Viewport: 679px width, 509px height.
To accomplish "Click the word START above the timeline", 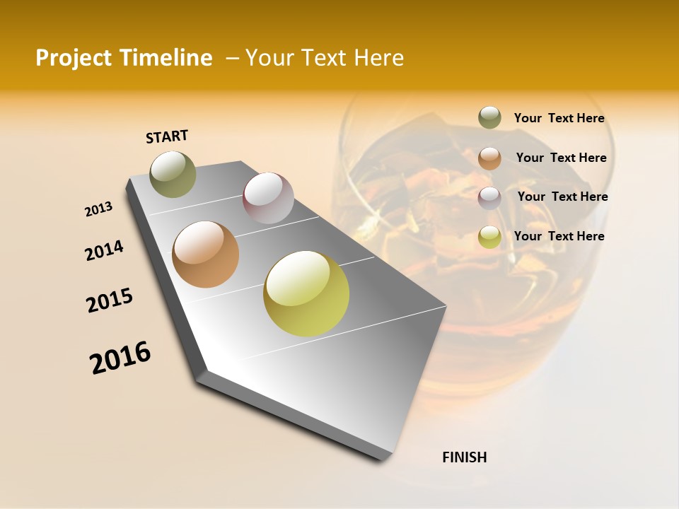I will point(167,136).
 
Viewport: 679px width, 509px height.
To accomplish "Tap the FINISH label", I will point(464,457).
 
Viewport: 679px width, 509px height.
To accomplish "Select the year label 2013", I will point(98,209).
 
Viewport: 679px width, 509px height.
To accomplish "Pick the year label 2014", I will point(104,251).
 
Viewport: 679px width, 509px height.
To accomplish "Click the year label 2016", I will point(120,358).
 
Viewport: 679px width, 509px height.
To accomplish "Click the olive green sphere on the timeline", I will point(173,175).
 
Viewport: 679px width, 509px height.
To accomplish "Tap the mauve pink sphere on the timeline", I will point(268,198).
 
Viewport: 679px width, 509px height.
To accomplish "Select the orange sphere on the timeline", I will point(206,255).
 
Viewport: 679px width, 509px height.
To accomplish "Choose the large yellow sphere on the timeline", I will point(306,293).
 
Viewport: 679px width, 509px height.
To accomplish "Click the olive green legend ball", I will point(489,118).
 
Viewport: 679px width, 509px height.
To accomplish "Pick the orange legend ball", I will point(489,158).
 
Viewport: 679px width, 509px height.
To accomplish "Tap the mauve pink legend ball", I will point(489,198).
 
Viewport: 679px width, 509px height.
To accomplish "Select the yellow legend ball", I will point(489,237).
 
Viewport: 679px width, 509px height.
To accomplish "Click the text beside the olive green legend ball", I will point(559,119).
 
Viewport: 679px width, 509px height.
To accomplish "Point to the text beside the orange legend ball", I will point(561,158).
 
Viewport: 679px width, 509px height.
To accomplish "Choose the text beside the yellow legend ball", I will point(559,236).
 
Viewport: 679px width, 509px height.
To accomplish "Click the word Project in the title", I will point(74,58).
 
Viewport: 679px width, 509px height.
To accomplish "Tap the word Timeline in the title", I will point(168,58).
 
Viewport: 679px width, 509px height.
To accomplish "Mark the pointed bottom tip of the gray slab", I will point(383,460).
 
